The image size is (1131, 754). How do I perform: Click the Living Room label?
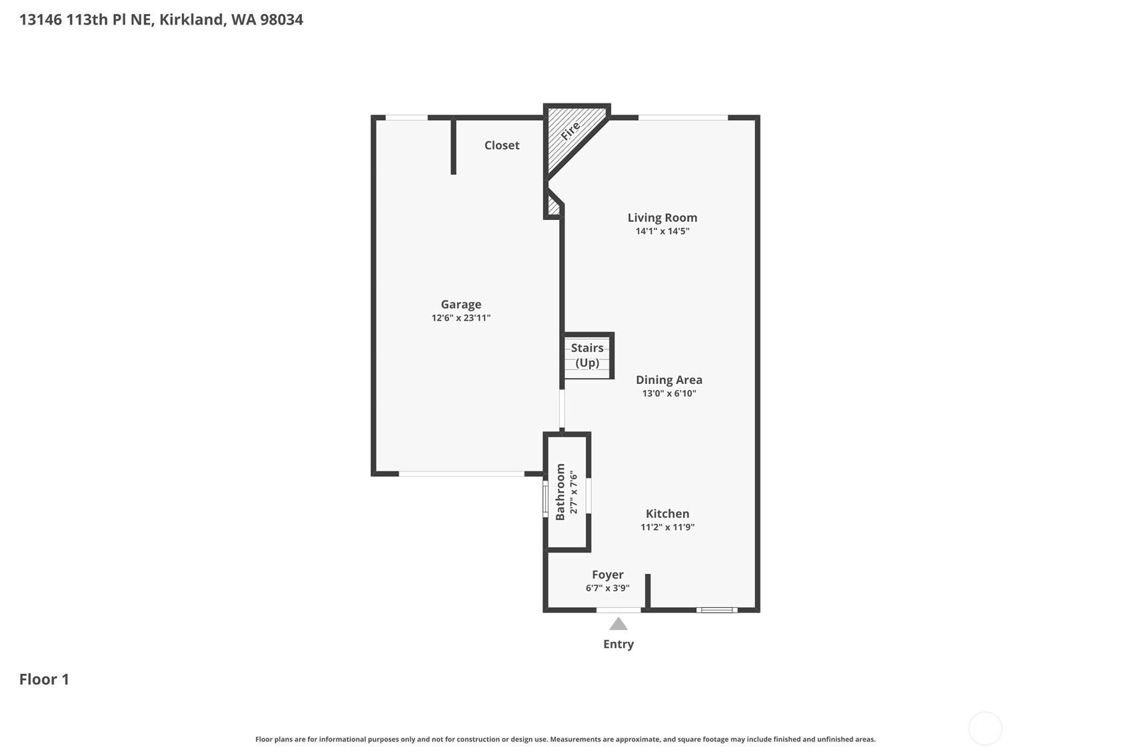tap(662, 217)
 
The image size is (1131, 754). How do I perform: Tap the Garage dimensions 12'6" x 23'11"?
tap(461, 317)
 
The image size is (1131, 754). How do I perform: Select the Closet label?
tap(502, 145)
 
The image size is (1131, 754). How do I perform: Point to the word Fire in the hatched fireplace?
tap(571, 131)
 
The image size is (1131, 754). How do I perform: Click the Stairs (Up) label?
tap(587, 355)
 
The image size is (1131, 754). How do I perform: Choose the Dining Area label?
tap(669, 380)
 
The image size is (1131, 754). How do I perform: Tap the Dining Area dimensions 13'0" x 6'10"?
tap(669, 393)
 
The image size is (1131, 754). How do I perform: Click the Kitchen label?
tap(668, 513)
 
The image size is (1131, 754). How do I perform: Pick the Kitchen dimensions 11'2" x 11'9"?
tap(668, 527)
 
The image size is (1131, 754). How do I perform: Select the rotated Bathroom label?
tap(560, 492)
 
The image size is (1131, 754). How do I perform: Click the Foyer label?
tap(607, 575)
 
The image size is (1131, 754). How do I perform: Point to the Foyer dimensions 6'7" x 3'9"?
tap(607, 588)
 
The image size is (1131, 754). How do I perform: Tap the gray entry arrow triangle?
tap(618, 625)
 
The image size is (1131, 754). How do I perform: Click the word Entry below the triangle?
tap(618, 644)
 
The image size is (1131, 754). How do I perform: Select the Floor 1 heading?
tap(44, 679)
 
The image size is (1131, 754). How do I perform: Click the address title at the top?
tap(161, 20)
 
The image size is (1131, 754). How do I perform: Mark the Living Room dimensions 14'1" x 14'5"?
tap(662, 231)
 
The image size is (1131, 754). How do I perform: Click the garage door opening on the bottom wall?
tap(461, 474)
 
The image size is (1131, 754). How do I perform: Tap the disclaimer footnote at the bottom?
tap(565, 739)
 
